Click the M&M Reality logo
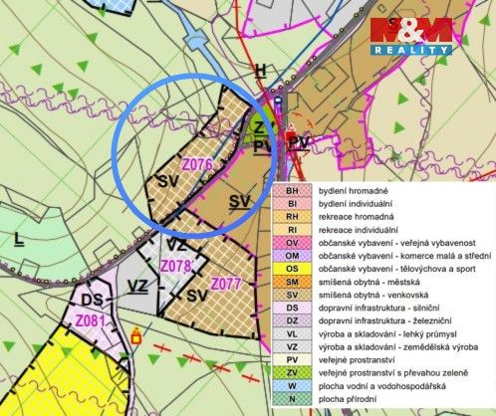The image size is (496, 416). pyautogui.click(x=411, y=35)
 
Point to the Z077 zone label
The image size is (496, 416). pyautogui.click(x=228, y=284)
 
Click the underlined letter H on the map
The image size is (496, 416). pyautogui.click(x=261, y=70)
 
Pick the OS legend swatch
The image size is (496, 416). pyautogui.click(x=292, y=268)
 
